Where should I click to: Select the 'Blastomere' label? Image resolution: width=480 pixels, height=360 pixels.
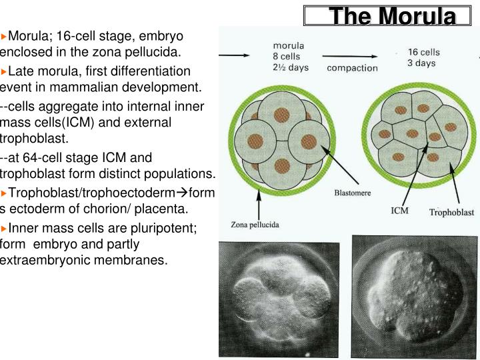point(352,193)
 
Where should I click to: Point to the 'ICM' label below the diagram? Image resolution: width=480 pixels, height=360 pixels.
point(399,211)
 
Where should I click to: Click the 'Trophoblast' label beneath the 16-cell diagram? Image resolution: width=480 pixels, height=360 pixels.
point(451,213)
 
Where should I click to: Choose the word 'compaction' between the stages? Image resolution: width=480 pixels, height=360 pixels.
point(352,67)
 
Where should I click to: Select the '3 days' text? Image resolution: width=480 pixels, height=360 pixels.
point(421,63)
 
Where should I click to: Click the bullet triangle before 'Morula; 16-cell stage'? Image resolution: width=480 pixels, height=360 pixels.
point(4,35)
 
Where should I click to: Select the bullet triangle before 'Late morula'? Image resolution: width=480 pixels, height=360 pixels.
point(4,71)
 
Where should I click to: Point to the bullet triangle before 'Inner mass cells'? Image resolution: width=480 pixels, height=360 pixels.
point(4,228)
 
